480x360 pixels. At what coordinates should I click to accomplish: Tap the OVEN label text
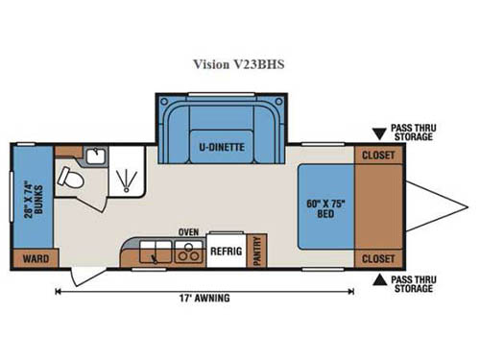(187, 232)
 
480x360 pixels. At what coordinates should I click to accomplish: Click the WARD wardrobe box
(36, 257)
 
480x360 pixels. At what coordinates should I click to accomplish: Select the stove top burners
(183, 253)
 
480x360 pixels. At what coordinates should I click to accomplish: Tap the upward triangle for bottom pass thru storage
(381, 280)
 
